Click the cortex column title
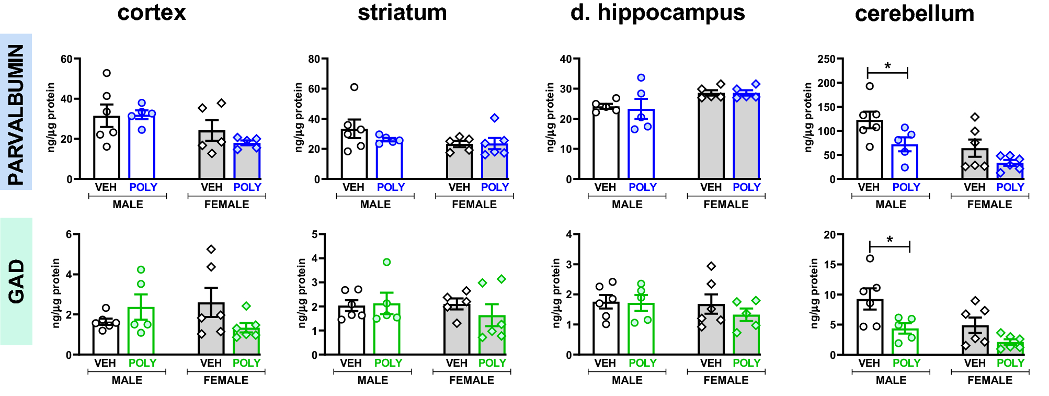click(151, 13)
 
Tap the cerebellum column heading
click(914, 14)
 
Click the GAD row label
click(16, 281)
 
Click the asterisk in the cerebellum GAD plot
click(890, 241)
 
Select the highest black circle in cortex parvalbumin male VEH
click(107, 73)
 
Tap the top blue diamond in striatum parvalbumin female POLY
click(494, 118)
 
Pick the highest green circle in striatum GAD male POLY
click(386, 262)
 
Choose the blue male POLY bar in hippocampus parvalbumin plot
click(641, 146)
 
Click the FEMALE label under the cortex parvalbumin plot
click(226, 205)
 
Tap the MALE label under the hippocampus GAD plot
click(626, 380)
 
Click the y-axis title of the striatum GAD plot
click(302, 293)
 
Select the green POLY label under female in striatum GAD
click(492, 363)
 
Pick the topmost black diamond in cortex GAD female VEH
click(211, 250)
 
